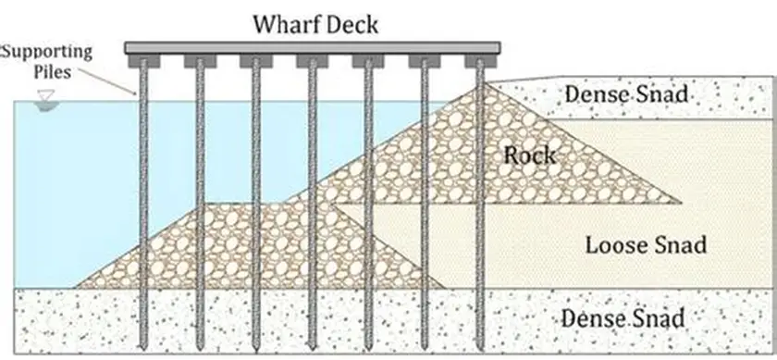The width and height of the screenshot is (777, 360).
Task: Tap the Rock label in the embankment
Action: coord(529,154)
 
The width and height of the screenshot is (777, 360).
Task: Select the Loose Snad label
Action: coord(646,245)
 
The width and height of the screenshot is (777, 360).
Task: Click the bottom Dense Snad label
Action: coord(623,319)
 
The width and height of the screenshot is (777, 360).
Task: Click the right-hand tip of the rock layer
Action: coord(682,202)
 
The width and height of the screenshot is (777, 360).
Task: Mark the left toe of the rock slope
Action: coord(77,286)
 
